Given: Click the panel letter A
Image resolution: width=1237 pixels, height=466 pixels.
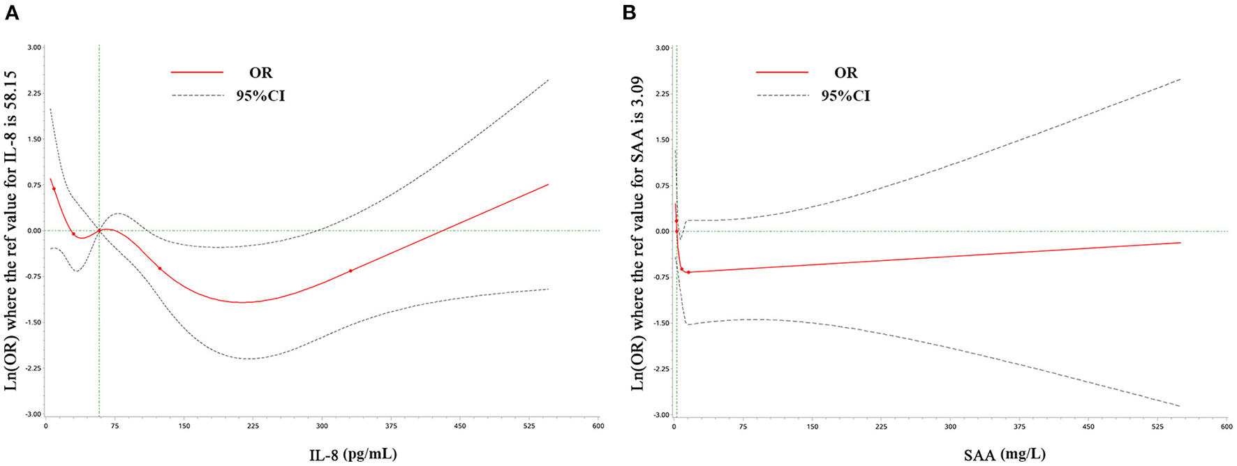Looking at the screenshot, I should tap(12, 13).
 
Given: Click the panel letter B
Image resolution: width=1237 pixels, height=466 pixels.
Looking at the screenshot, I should tap(629, 13).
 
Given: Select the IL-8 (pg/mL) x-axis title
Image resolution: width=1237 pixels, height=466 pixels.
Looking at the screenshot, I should tap(353, 455).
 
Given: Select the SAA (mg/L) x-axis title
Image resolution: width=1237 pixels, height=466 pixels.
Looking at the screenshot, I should tap(1005, 455).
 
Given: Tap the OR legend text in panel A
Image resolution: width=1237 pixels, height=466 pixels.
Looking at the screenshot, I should tap(260, 73).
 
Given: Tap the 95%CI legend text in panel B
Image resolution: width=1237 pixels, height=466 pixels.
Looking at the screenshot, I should tap(845, 96).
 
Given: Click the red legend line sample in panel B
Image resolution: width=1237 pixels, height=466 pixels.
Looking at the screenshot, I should tap(782, 72).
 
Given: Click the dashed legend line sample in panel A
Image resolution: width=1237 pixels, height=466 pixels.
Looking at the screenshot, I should tap(197, 95).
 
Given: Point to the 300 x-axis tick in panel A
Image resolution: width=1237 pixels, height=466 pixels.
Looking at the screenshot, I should tap(321, 425).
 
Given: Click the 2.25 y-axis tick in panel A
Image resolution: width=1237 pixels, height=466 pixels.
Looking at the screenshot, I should tap(34, 93).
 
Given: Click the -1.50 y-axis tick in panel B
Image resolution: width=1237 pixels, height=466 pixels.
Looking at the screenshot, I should tap(660, 323).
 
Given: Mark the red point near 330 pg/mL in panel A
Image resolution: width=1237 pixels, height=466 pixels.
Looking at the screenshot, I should tap(350, 271).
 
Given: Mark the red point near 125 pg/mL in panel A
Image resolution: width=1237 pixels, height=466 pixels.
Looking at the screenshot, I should tap(160, 269).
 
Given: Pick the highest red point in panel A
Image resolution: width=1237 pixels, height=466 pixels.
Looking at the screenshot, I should tap(54, 189).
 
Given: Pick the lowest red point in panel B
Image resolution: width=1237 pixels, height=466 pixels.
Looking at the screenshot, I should tap(688, 272).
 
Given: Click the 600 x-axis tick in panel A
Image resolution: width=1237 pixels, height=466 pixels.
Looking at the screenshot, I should tap(598, 425).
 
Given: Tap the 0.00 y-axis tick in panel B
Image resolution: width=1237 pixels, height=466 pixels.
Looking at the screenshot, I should tap(661, 231).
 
